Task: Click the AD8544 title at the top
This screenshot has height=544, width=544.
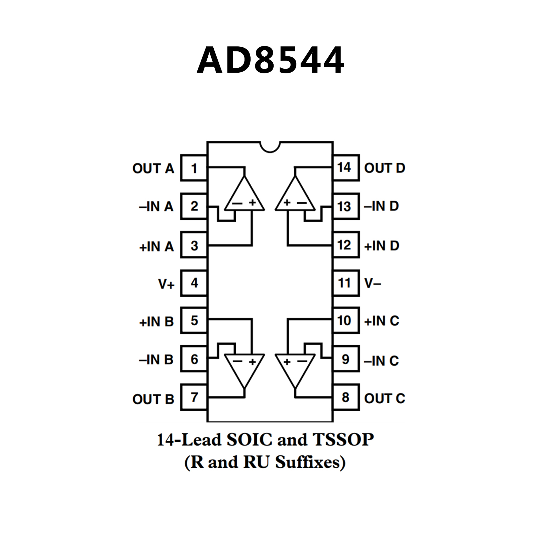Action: click(x=270, y=60)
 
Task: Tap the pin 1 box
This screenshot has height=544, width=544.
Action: click(x=194, y=168)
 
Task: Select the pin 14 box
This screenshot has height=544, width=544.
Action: click(x=346, y=168)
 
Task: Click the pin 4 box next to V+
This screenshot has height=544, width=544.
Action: click(x=194, y=283)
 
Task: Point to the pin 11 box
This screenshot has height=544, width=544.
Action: click(x=346, y=283)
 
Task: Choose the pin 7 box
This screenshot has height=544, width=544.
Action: click(x=194, y=397)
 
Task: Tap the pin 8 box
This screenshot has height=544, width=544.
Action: click(x=346, y=397)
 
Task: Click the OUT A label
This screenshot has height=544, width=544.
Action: click(x=153, y=168)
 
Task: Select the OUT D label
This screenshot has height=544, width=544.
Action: click(x=385, y=168)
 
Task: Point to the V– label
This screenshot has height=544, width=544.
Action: click(x=373, y=283)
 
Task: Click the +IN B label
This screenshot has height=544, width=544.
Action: click(x=156, y=322)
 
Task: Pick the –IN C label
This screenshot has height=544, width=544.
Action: click(x=381, y=361)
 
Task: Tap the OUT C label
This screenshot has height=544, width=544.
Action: click(x=385, y=398)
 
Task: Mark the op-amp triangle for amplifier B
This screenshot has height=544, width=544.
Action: click(x=244, y=367)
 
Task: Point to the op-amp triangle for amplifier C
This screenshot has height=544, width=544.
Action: click(x=295, y=367)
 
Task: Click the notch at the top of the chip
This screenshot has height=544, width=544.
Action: click(x=270, y=146)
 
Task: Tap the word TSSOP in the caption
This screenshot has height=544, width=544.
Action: click(x=343, y=440)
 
